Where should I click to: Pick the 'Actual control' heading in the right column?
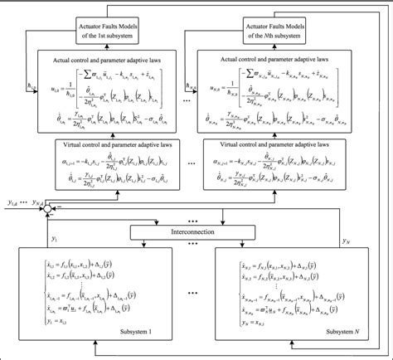[x=292, y=60]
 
